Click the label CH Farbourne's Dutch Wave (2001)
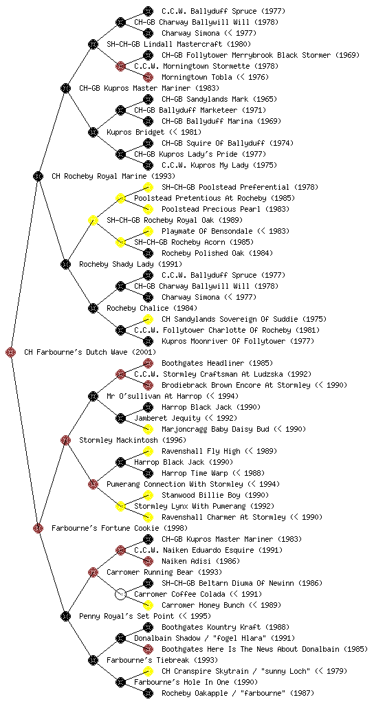pyautogui.click(x=90, y=352)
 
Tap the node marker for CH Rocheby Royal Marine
pyautogui.click(x=38, y=176)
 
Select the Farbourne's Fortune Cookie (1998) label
pyautogui.click(x=120, y=528)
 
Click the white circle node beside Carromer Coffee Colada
pyautogui.click(x=120, y=594)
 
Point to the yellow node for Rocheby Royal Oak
pyautogui.click(x=93, y=220)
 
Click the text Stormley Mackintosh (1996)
pyautogui.click(x=133, y=440)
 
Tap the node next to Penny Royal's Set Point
pyautogui.click(x=65, y=616)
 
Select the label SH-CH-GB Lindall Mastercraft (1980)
pyautogui.click(x=179, y=44)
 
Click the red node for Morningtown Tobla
pyautogui.click(x=148, y=77)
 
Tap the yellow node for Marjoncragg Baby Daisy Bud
pyautogui.click(x=148, y=429)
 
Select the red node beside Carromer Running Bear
pyautogui.click(x=93, y=572)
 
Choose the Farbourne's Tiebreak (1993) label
pyautogui.click(x=162, y=660)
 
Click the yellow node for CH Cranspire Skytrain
pyautogui.click(x=148, y=671)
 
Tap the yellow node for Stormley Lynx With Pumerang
pyautogui.click(x=120, y=506)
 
